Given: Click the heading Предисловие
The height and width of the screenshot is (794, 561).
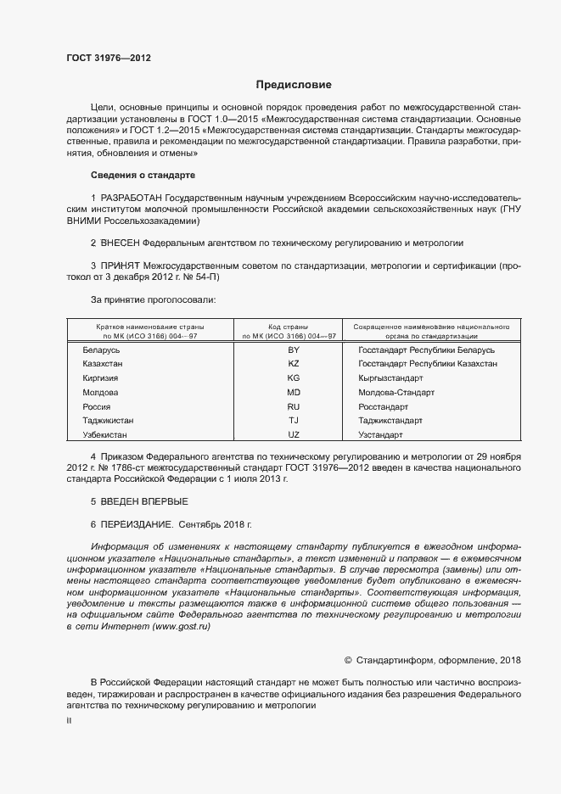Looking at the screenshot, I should coord(295,85).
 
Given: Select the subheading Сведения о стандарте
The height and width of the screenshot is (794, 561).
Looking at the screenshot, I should coord(143,175).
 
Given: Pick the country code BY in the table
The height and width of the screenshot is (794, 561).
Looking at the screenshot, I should coord(294,349).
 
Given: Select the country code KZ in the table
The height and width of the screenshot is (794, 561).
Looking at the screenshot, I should coord(294,363).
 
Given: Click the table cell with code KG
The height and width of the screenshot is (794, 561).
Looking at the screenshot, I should coord(294,377).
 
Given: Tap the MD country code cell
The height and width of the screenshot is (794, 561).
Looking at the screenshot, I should coord(294,392).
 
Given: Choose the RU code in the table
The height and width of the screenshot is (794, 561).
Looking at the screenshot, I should coord(294,406).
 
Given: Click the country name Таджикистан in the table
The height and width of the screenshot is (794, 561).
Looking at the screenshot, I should coord(108,420).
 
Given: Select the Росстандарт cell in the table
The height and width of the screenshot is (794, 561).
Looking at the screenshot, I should coord(383,406).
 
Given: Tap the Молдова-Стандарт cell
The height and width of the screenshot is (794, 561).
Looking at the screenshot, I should coord(396,392).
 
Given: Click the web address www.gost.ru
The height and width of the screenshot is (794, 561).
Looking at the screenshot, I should coord(181,626).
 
